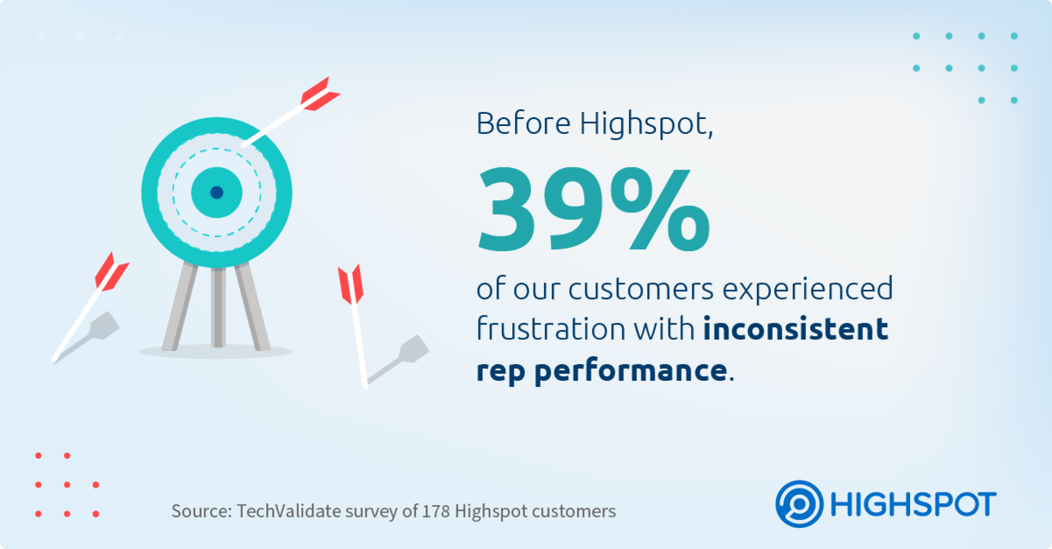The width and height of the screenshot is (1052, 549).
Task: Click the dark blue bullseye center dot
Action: [217, 192]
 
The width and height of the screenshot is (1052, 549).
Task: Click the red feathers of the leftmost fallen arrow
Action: [112, 272]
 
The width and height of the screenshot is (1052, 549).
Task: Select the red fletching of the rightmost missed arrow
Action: [350, 285]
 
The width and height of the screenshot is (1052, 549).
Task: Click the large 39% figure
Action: [593, 209]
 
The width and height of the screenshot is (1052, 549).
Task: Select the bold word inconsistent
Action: [796, 329]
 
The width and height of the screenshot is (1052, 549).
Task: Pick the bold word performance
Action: [631, 372]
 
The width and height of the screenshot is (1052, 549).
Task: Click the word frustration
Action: [551, 328]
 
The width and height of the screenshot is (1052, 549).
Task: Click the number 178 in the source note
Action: [436, 511]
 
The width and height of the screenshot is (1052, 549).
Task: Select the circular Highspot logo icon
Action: [799, 504]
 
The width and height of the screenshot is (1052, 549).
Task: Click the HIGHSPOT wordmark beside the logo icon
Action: [913, 504]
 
